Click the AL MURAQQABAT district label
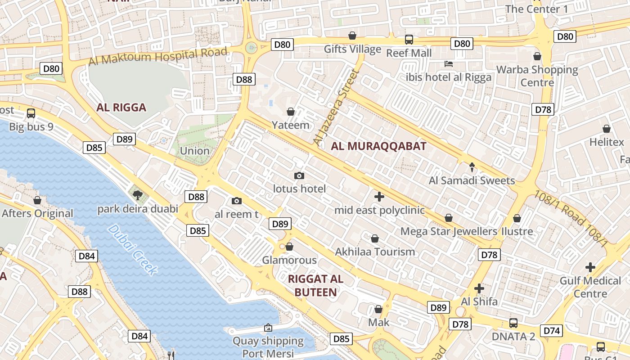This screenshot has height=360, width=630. (x=378, y=146)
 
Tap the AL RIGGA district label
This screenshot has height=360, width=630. (x=121, y=108)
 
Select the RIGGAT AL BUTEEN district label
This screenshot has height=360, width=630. (x=315, y=285)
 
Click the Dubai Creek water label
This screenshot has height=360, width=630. (x=133, y=250)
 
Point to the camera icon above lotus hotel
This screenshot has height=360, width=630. (x=299, y=175)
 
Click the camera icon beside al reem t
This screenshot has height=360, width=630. (x=237, y=201)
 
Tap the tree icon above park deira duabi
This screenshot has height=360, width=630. (x=138, y=195)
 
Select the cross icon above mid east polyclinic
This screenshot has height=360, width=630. (x=379, y=197)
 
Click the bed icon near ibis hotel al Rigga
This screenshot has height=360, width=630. (x=448, y=64)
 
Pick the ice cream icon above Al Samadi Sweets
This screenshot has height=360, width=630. (x=472, y=167)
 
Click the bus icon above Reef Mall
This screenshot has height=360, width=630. (x=409, y=40)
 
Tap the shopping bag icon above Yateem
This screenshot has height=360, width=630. (x=291, y=112)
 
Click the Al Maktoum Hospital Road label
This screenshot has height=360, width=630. (x=158, y=56)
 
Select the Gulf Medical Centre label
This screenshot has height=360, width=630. (x=590, y=287)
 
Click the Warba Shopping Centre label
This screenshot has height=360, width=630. (x=537, y=76)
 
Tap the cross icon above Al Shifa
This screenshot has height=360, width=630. (x=479, y=288)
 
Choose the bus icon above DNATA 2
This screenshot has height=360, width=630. (x=513, y=323)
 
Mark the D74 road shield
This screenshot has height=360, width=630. (x=552, y=331)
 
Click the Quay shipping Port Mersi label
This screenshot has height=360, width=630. (x=268, y=347)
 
